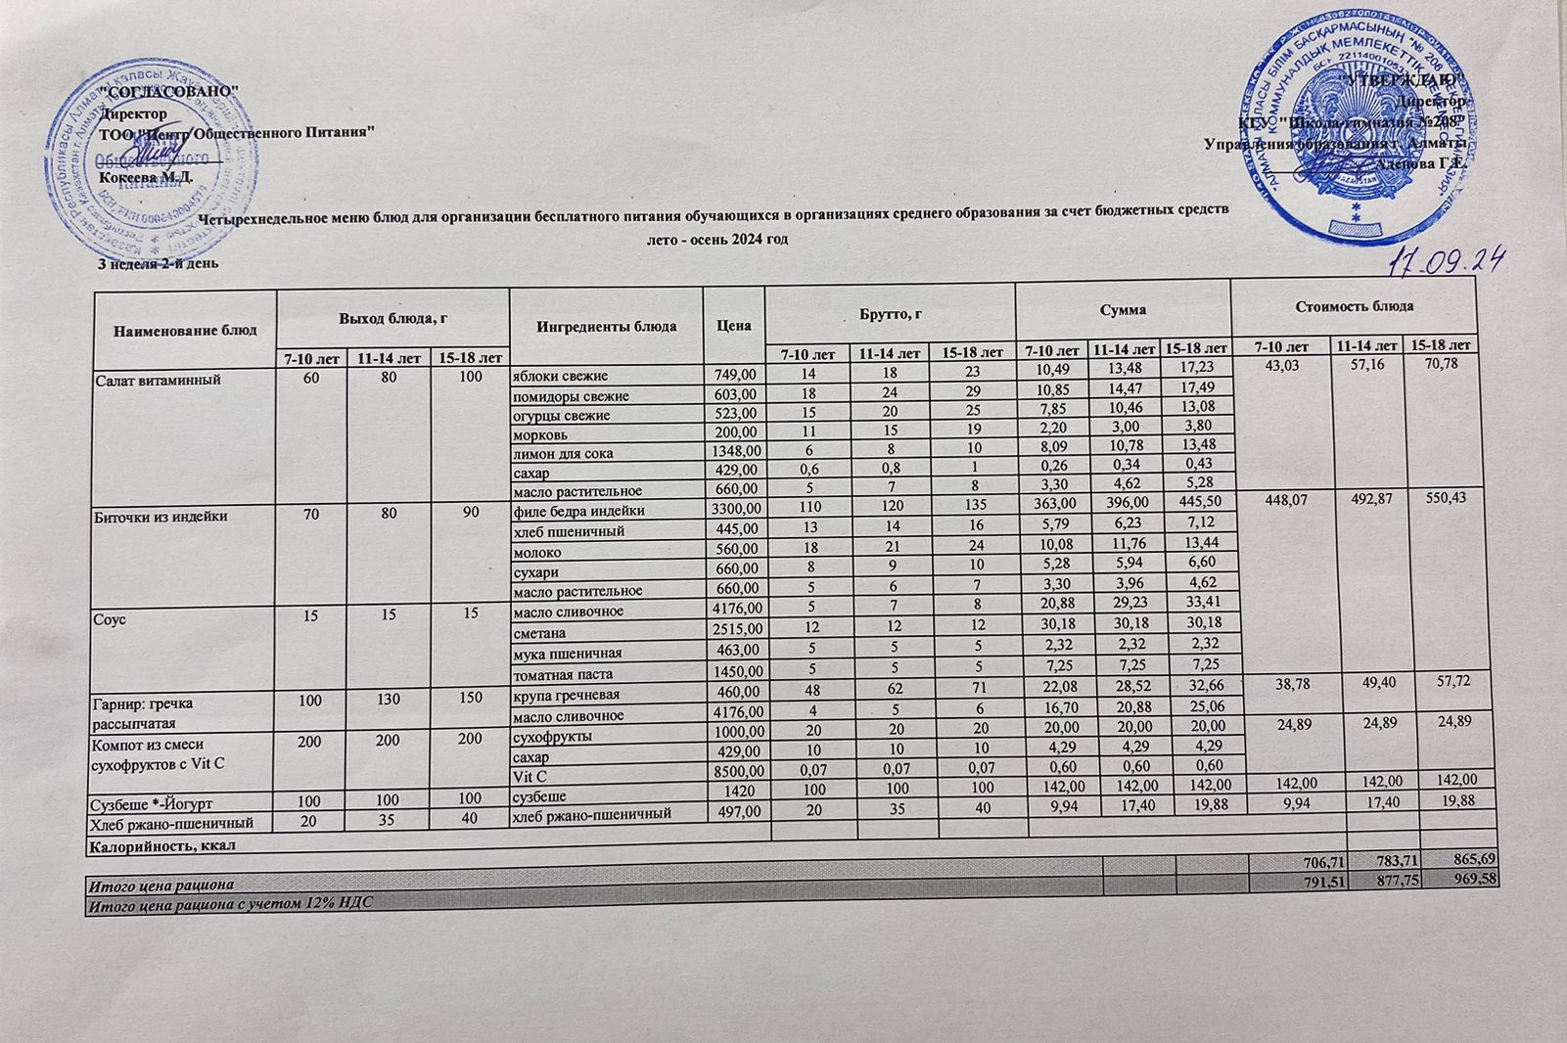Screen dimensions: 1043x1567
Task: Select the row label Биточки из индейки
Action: pyautogui.click(x=160, y=516)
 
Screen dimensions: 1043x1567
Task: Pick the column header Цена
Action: pyautogui.click(x=733, y=327)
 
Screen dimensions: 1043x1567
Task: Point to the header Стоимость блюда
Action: pyautogui.click(x=1353, y=307)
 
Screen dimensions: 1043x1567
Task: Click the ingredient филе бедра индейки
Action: pyautogui.click(x=578, y=511)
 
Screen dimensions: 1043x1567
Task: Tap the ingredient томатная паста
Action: pyautogui.click(x=565, y=674)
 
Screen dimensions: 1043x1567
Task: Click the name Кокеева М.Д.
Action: pyautogui.click(x=147, y=177)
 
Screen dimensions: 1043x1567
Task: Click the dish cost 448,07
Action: pyautogui.click(x=1278, y=499)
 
